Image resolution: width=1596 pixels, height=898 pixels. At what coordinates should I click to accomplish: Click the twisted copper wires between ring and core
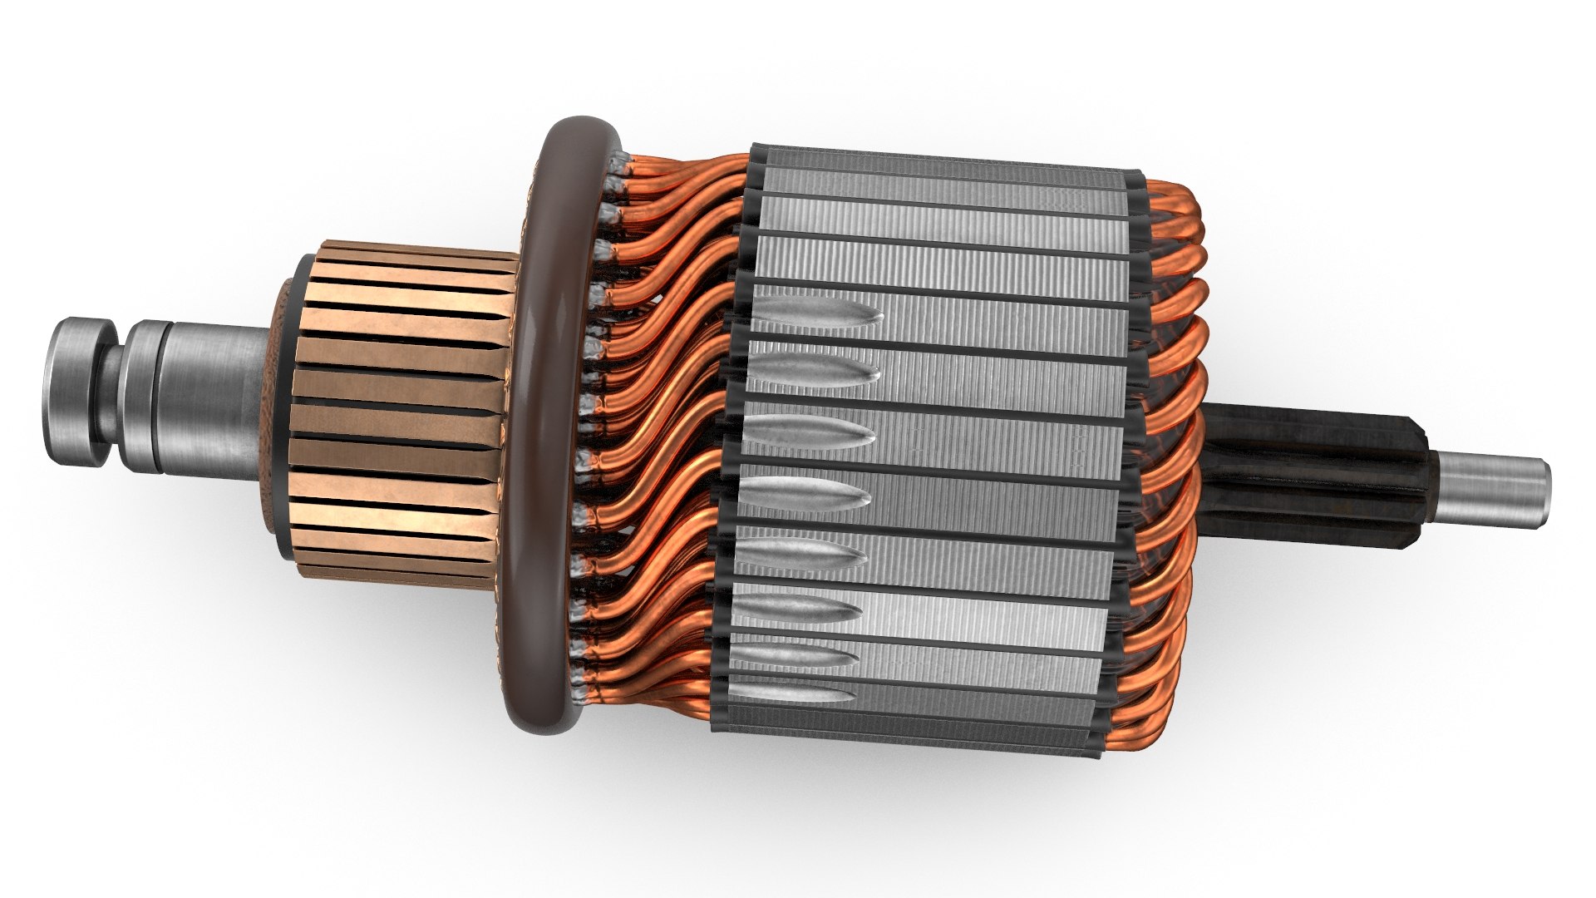pos(665,416)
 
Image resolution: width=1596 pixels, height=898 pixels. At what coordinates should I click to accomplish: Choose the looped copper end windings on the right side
pos(1164,416)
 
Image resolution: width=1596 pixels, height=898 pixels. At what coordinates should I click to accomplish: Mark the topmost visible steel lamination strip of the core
pos(939,170)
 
